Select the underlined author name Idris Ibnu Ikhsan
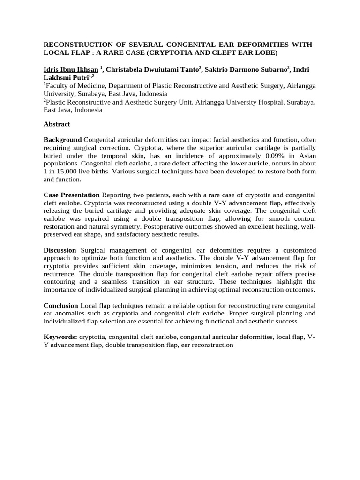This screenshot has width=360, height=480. pos(70,69)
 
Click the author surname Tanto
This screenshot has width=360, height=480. pos(188,69)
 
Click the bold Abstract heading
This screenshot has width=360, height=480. pos(57,124)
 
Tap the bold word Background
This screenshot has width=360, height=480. pos(63,140)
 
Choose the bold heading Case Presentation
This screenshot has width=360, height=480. pos(71,195)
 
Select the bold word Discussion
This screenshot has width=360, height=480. pos(61,250)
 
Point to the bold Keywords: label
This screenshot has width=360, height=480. pos(60,337)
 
